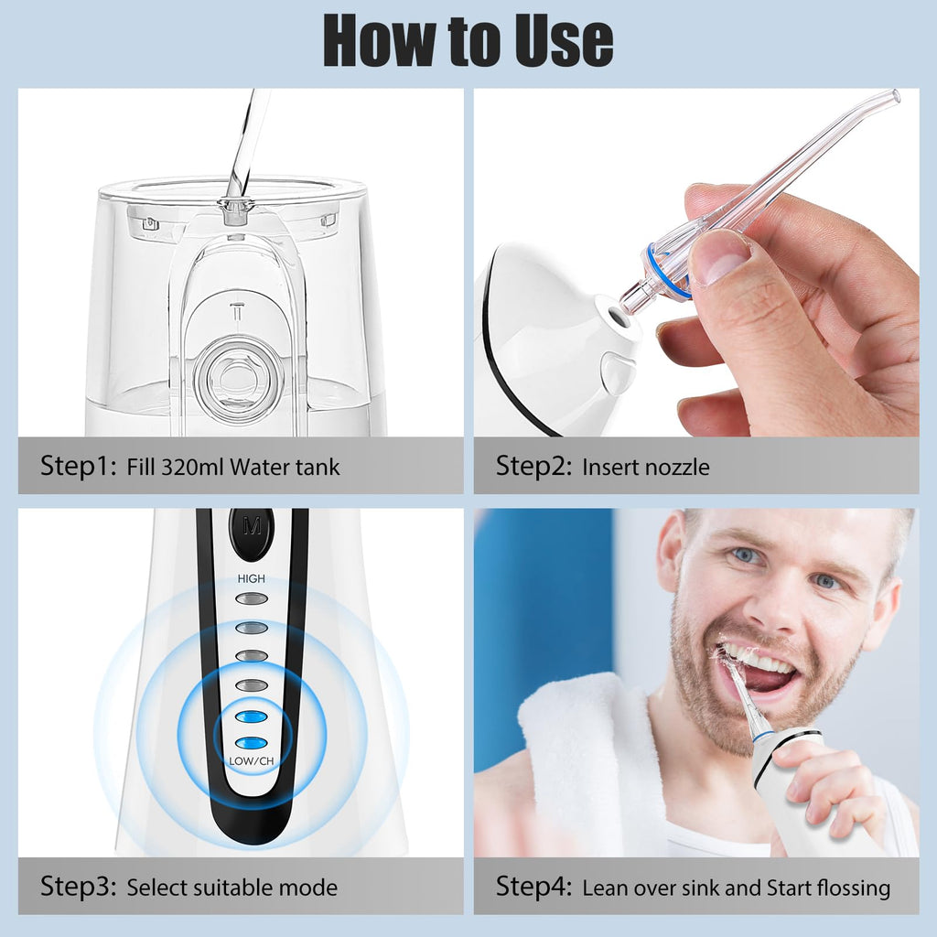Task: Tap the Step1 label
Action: [x=79, y=466]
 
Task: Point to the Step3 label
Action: [x=79, y=886]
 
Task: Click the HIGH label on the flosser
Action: [x=251, y=578]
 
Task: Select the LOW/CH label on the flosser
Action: [x=251, y=760]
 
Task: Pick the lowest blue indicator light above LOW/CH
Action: [x=251, y=743]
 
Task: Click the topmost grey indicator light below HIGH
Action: [x=251, y=598]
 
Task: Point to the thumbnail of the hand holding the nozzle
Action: [x=716, y=262]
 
